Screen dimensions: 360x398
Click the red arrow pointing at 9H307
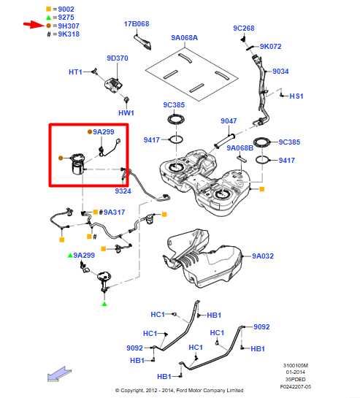(x=34, y=25)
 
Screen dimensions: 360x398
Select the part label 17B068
(x=137, y=24)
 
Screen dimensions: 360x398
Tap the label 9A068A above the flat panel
(x=184, y=37)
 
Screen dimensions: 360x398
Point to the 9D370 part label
(x=118, y=58)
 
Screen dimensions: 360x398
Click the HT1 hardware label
(x=75, y=72)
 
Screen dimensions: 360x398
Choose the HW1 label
(x=126, y=112)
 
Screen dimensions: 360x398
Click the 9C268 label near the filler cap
(x=244, y=28)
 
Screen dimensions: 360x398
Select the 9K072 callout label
(x=271, y=47)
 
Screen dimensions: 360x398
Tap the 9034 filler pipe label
(x=280, y=72)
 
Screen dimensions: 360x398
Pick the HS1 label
(x=296, y=96)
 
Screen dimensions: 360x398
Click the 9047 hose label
(x=229, y=120)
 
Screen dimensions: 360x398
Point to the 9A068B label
(x=240, y=148)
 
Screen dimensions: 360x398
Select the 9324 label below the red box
(x=123, y=191)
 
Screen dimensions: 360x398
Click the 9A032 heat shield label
(x=263, y=256)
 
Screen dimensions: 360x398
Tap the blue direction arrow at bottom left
(x=59, y=374)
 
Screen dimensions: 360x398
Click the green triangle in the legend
(x=48, y=18)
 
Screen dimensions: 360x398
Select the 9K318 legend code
(x=69, y=34)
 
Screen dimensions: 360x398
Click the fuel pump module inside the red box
(x=78, y=164)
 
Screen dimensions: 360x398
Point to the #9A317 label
(x=112, y=212)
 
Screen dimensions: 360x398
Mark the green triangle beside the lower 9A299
(x=70, y=255)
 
